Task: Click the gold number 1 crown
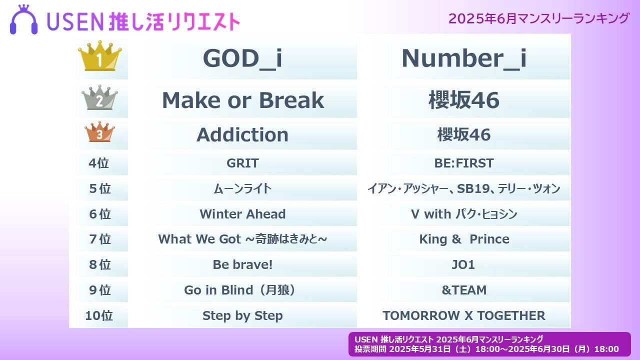click(x=99, y=56)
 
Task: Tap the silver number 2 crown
click(x=99, y=97)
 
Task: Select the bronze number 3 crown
click(x=99, y=132)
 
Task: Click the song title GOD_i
click(x=242, y=58)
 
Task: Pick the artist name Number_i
click(x=464, y=58)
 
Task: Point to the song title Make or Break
click(x=243, y=100)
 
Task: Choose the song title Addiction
click(x=242, y=134)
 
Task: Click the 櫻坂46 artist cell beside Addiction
click(x=464, y=134)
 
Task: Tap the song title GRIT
click(x=242, y=163)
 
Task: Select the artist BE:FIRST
click(x=464, y=163)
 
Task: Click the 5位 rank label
click(x=99, y=188)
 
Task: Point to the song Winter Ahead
click(x=242, y=214)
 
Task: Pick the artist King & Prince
click(x=464, y=239)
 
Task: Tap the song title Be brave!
click(x=242, y=264)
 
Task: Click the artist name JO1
click(x=463, y=264)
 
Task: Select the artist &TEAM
click(x=464, y=290)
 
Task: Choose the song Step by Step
click(x=242, y=315)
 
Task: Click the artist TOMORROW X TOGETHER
click(x=464, y=315)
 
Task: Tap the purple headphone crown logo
click(x=23, y=19)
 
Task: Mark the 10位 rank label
click(x=99, y=315)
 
